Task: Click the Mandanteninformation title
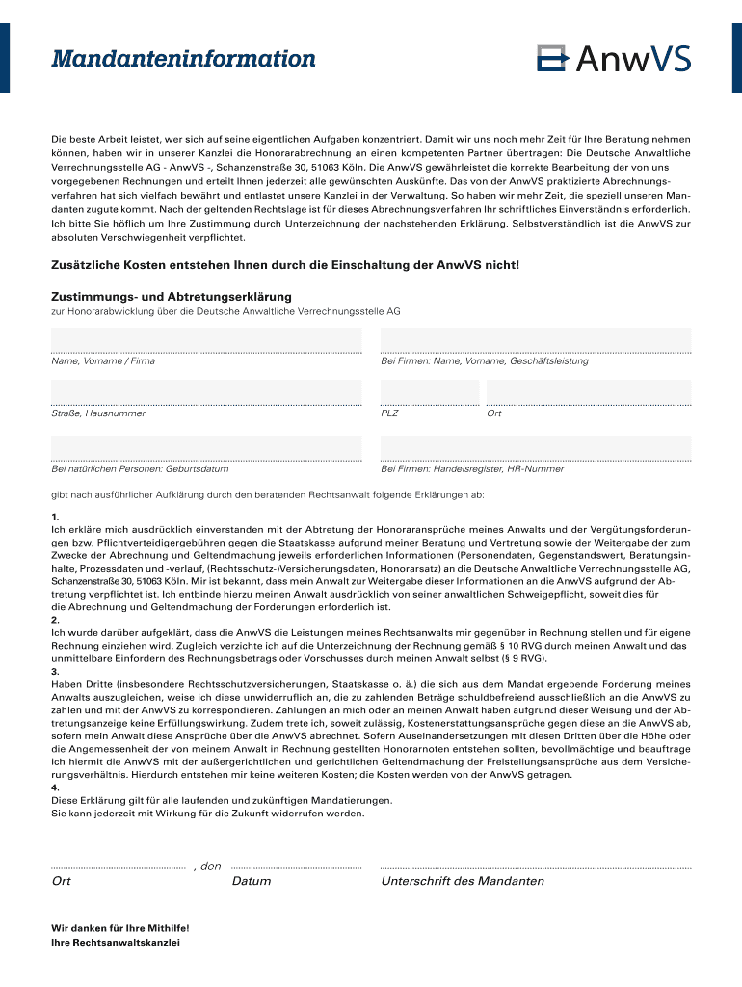pos(183,59)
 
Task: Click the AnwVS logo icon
pos(553,59)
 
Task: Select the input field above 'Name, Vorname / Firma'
pos(206,339)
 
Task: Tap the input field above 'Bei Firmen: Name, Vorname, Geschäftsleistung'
pos(536,339)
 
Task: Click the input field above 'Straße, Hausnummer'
pos(206,391)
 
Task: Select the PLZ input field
pos(430,391)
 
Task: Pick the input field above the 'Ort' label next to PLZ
pos(589,391)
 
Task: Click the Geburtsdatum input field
pos(206,447)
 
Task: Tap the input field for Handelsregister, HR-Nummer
pos(536,447)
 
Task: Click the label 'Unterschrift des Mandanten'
pos(463,881)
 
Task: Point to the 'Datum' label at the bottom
pos(252,881)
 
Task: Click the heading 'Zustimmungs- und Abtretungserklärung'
pos(171,297)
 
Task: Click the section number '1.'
pos(55,518)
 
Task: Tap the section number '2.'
pos(55,621)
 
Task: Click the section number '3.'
pos(55,671)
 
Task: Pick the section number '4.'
pos(55,787)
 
